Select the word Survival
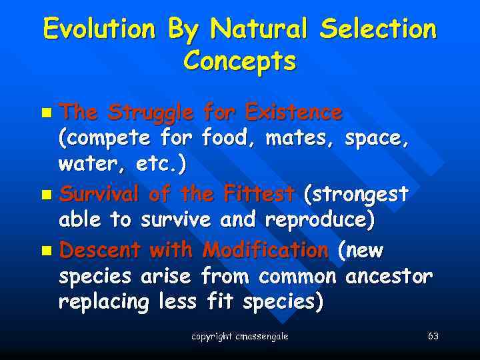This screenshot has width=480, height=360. coord(99,195)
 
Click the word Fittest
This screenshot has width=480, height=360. coord(259,195)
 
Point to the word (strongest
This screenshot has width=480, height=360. coord(355,195)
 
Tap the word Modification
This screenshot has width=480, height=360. coord(265,250)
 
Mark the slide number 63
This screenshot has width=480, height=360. coord(433,337)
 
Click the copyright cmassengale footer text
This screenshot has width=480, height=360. coord(239,337)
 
